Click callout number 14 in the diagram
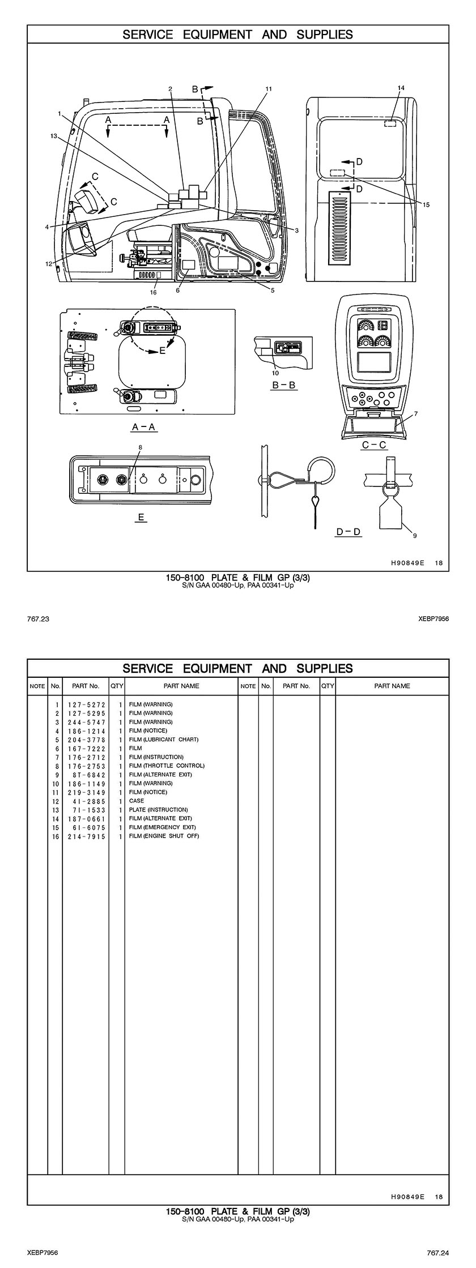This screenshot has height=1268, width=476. tap(401, 88)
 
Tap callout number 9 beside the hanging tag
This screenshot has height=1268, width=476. tap(415, 535)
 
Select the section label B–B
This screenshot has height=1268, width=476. tap(284, 385)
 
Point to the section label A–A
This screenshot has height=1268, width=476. tap(144, 427)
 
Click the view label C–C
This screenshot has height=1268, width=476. tap(375, 445)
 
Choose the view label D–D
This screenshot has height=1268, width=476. tap(348, 532)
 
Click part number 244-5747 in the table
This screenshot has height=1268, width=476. tap(86, 722)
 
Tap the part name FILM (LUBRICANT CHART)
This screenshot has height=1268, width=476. tap(164, 740)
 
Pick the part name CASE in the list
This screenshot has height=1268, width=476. tap(137, 801)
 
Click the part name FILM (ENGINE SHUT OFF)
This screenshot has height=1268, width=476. tap(164, 836)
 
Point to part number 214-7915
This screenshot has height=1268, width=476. tap(86, 836)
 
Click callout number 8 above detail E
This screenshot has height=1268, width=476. tap(141, 447)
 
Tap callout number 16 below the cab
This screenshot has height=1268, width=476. tap(153, 292)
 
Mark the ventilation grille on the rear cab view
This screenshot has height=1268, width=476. tap(341, 228)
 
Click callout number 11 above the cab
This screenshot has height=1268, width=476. tap(269, 89)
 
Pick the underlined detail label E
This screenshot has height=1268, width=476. tap(141, 517)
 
